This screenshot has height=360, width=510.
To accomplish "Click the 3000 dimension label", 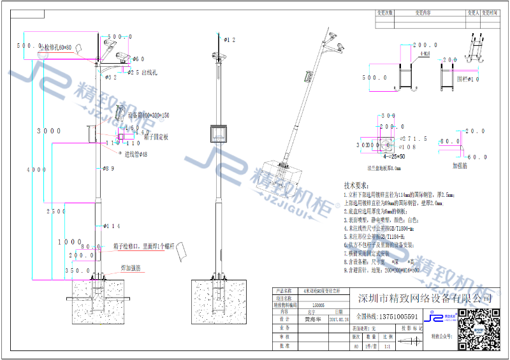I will [49, 131].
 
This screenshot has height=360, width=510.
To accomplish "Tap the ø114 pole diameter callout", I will [112, 226].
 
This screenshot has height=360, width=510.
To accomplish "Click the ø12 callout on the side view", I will [228, 40].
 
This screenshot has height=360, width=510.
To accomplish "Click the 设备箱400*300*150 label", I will [149, 115].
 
